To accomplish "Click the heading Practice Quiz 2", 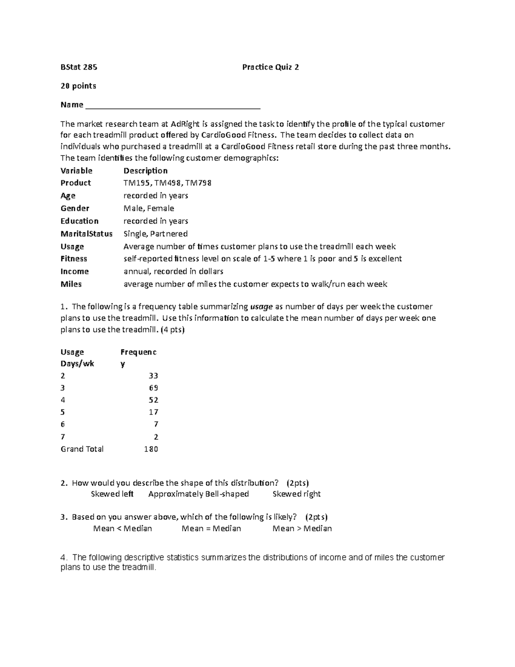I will (270, 67).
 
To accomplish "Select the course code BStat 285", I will (79, 67).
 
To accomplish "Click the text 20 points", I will (78, 86).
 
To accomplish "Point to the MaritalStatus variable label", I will (86, 234).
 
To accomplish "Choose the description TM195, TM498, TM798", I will (167, 183).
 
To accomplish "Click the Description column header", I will (145, 171).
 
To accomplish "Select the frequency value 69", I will (153, 388).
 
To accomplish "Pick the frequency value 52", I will (153, 400).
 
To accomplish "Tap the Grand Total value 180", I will (151, 449).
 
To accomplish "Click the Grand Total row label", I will (82, 449).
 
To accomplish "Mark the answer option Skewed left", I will (112, 494).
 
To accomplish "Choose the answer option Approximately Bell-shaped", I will (198, 494).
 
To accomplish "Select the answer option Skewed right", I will (297, 494).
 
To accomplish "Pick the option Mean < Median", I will (122, 529).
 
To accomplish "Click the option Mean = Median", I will (211, 529).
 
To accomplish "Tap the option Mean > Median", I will (302, 529).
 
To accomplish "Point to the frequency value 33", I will (153, 376).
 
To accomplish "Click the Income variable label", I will (75, 271).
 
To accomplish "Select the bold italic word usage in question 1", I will (261, 307).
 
